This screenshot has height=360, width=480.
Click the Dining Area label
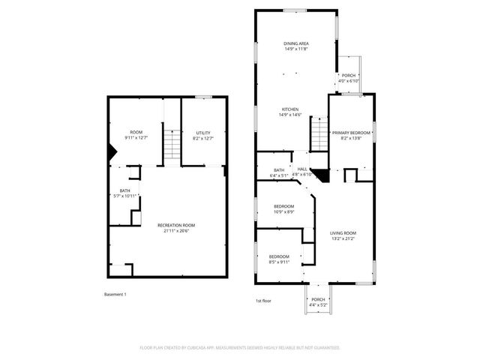click(x=296, y=43)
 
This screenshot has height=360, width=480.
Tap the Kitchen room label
click(x=290, y=109)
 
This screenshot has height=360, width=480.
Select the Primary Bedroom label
click(x=351, y=133)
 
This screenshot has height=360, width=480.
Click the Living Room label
click(x=343, y=232)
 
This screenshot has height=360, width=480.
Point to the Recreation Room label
click(x=176, y=225)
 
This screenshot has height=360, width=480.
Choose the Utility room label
click(x=203, y=133)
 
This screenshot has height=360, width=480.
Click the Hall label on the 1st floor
click(x=301, y=169)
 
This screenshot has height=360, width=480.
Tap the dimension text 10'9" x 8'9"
click(x=283, y=211)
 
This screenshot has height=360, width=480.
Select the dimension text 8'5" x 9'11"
click(x=279, y=262)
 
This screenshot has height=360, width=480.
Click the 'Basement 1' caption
click(x=115, y=294)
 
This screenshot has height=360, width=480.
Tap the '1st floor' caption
click(x=262, y=300)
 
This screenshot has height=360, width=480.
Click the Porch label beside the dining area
click(x=349, y=75)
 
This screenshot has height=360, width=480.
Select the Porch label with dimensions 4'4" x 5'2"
click(x=319, y=299)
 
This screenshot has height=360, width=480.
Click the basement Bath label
click(x=124, y=190)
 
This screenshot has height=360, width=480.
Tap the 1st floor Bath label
click(x=279, y=170)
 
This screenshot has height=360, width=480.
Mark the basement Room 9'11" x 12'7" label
click(x=136, y=133)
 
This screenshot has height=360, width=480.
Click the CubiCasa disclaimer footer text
click(x=240, y=348)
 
